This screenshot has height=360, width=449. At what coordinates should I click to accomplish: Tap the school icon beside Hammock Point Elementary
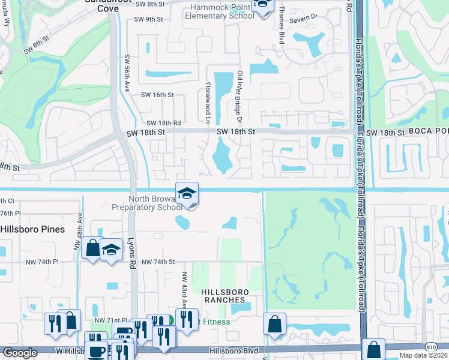coord(262,6)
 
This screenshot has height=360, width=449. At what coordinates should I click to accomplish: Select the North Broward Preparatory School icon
coord(187,194)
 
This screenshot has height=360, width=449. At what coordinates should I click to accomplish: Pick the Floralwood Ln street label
coord(208,98)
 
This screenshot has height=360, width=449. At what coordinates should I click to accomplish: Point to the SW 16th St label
coord(157,95)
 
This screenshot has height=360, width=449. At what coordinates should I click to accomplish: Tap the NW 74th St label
coord(158,262)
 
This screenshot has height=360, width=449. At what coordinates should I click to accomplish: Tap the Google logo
coord(20,353)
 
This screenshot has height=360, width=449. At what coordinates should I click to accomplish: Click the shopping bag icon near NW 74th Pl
coord(92,249)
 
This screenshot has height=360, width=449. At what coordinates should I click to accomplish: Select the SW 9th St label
coord(149,19)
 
